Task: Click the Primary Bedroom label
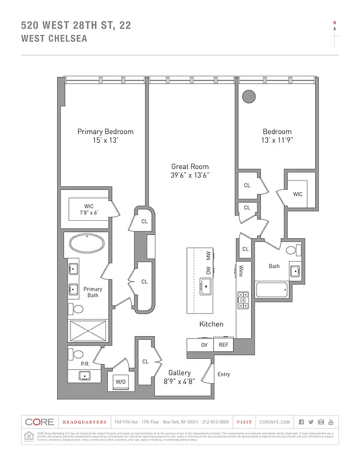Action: coord(105,132)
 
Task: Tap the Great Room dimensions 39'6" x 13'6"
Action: coord(190,175)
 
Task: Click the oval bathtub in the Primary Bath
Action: coord(87,243)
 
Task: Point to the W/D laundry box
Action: coord(121,382)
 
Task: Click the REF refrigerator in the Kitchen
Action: coord(224,345)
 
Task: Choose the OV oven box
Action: coord(204,345)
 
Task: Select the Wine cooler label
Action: coord(240,271)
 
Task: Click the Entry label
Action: coord(224,374)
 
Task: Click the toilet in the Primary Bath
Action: coord(75,309)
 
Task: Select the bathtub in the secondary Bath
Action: coord(271,289)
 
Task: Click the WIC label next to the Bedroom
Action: coord(297,194)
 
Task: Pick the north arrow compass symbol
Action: coord(334,30)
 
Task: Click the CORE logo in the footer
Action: coord(40,422)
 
